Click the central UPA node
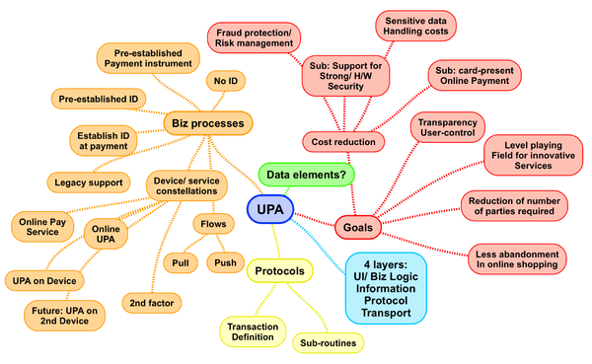pos(272,210)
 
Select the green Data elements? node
pos(307,175)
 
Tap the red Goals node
pos(357,228)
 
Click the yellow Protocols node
pos(279,270)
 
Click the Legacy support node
pos(89,182)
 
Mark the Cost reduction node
pos(343,142)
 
